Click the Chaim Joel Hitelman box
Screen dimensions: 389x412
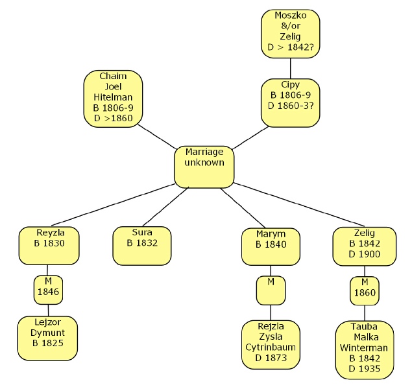(x=113, y=99)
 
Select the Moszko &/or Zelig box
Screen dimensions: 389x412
(x=290, y=34)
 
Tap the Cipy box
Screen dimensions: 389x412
(x=290, y=102)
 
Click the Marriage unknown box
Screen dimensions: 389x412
(x=204, y=167)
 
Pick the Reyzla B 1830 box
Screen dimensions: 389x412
(x=50, y=245)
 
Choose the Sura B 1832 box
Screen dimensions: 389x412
(x=142, y=245)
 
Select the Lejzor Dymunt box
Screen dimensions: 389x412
(x=48, y=333)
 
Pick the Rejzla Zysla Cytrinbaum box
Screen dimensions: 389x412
(x=271, y=344)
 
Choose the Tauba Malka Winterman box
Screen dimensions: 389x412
(x=364, y=349)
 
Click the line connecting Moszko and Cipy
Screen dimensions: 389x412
(x=290, y=68)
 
